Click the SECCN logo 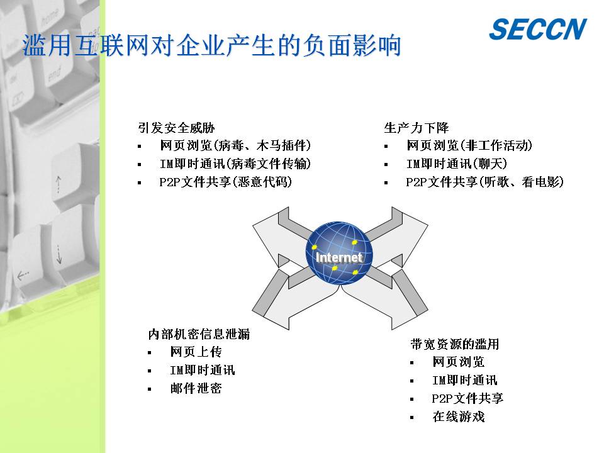(538, 29)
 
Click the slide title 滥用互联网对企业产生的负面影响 (211, 45)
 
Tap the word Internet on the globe (338, 257)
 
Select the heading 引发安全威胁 (176, 128)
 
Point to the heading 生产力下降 (416, 128)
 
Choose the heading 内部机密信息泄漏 (199, 333)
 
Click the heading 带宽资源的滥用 (454, 344)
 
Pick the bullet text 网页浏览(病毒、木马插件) (235, 145)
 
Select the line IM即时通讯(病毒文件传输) (235, 164)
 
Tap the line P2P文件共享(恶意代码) (226, 181)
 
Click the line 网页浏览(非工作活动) (469, 145)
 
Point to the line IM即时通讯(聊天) (457, 164)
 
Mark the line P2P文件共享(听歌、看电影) (485, 181)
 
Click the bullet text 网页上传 (196, 351)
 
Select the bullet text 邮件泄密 (196, 388)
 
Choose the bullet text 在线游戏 (459, 416)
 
